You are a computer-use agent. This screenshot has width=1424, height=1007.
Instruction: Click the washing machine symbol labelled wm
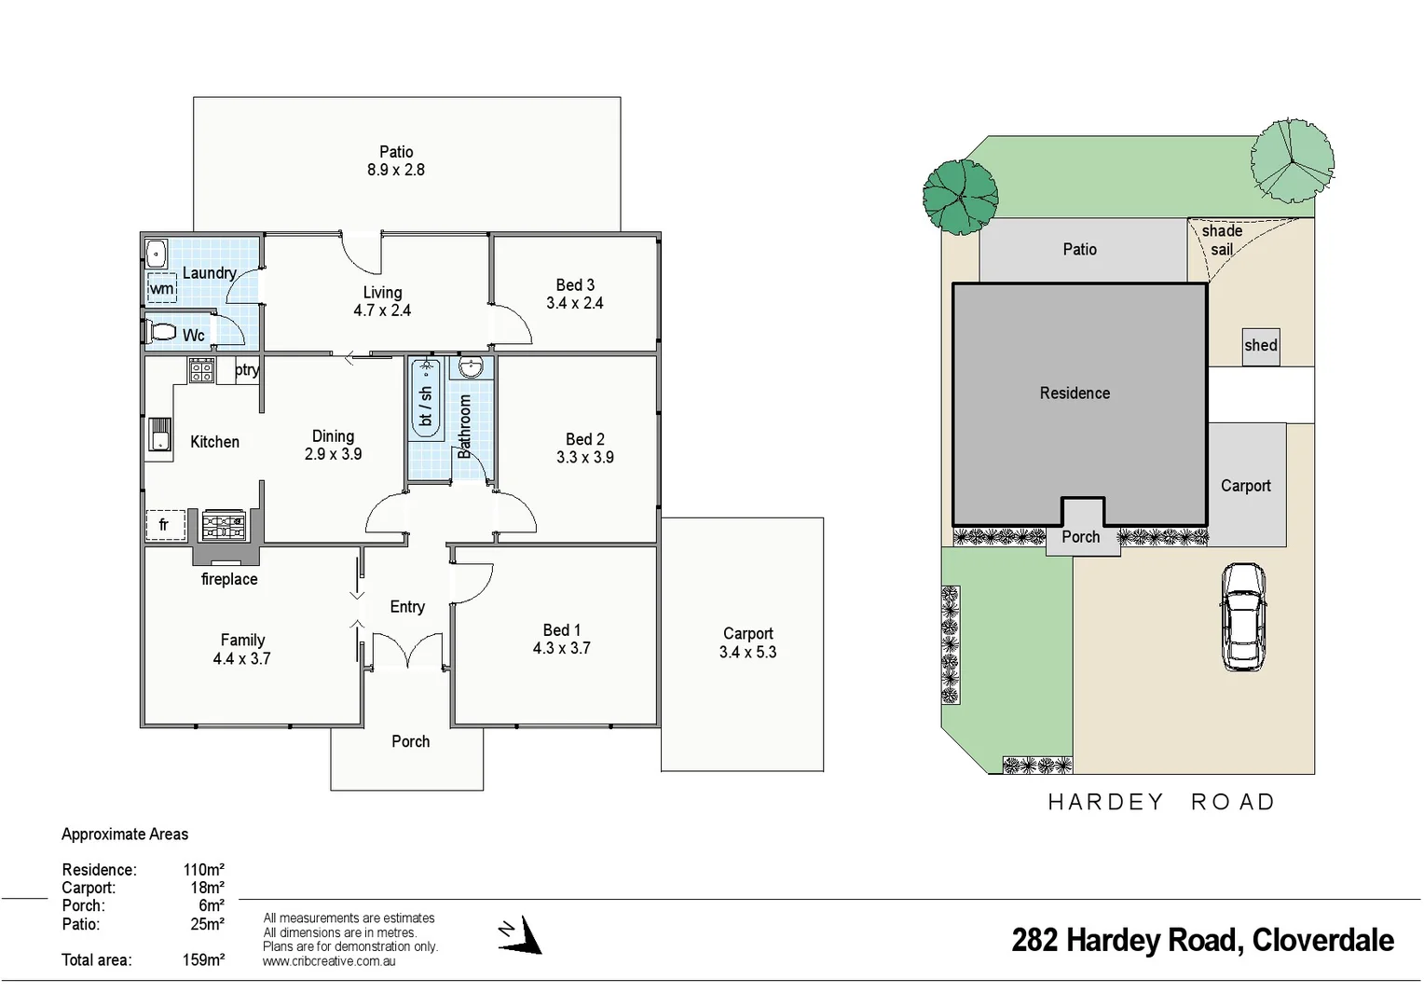point(161,288)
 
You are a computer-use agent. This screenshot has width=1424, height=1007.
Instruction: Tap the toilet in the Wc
point(162,332)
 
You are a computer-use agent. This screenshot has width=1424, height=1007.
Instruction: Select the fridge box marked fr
point(165,525)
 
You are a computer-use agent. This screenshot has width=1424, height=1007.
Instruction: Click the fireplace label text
point(229,579)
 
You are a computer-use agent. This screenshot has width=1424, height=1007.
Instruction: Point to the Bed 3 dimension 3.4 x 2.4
point(575,303)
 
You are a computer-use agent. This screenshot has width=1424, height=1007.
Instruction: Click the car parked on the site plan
point(1242,616)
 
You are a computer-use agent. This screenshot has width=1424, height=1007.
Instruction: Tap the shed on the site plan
point(1260,346)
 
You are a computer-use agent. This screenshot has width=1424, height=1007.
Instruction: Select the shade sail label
point(1222,240)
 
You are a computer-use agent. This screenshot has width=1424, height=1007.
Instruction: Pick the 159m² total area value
point(203,959)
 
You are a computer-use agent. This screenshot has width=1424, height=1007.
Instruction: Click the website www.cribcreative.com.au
point(328,961)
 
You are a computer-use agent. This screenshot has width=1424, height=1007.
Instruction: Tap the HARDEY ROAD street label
point(1160,802)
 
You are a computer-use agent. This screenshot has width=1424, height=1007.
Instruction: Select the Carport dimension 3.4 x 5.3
point(747,653)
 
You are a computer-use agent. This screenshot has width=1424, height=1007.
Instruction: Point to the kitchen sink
point(159,435)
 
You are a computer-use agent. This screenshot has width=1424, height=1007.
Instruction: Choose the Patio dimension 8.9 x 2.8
point(396,170)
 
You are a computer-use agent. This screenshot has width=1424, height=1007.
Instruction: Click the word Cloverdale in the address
point(1322,940)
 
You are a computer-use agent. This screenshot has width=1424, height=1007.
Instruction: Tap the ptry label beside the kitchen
point(247,370)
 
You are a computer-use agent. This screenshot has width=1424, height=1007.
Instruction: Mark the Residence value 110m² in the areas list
point(203,870)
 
